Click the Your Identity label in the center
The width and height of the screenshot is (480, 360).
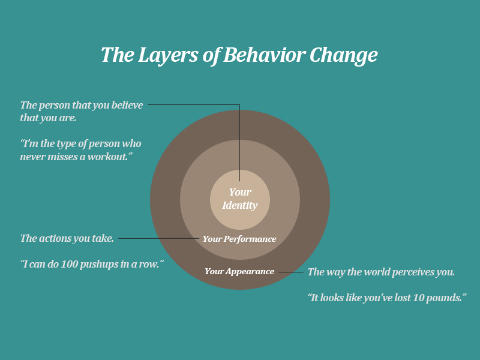240,199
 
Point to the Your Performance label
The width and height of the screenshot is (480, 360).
239,239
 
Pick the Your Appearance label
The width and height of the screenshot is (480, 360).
239,271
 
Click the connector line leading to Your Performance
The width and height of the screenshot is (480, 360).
158,238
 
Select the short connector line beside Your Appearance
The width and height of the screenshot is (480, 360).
291,272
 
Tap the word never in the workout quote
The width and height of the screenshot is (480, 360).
34,157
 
